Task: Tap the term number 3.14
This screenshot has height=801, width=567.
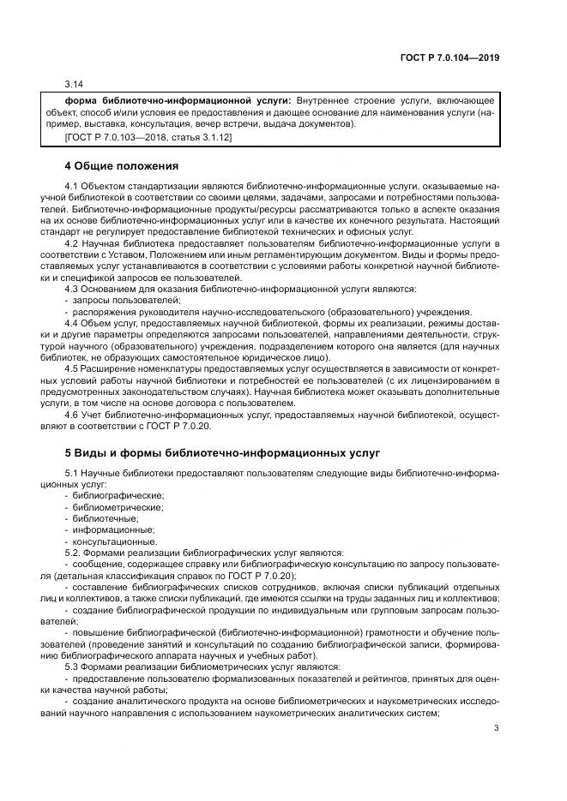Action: (74, 86)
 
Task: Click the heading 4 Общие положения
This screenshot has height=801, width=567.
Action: (122, 165)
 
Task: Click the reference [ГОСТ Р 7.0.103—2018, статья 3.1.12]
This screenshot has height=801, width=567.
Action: (148, 137)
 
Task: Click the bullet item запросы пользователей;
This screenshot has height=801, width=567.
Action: (121, 300)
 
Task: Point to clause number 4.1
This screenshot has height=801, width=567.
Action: (72, 186)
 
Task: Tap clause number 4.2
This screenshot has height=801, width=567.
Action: (72, 244)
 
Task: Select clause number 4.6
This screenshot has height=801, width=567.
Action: (72, 415)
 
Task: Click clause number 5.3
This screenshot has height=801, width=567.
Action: (72, 667)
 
